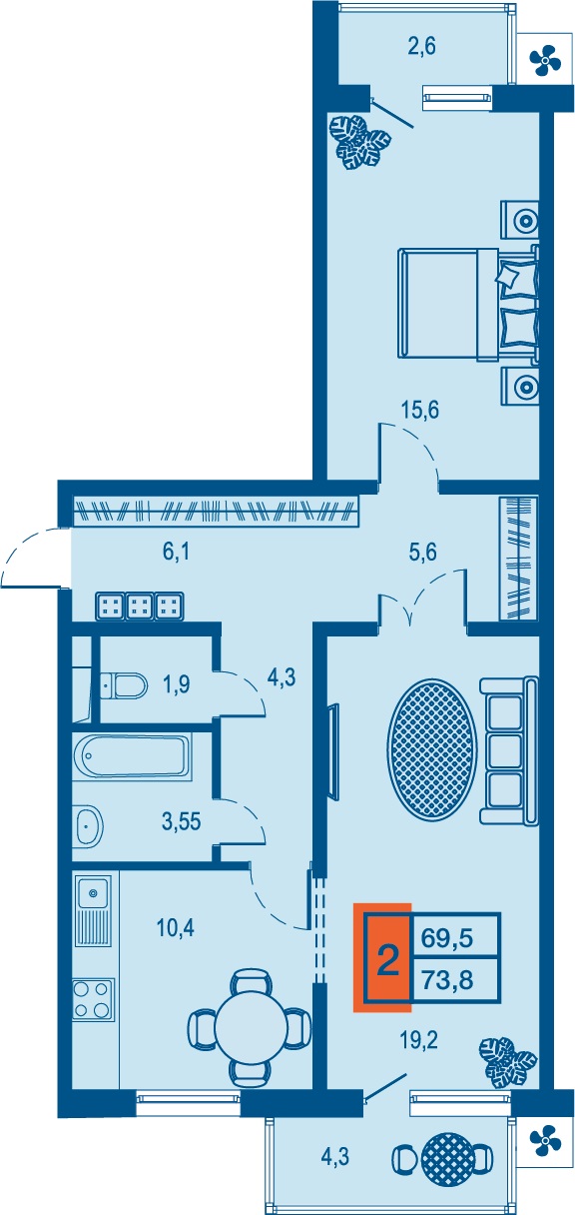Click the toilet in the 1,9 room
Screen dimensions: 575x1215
(124, 685)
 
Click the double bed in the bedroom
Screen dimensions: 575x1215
(469, 303)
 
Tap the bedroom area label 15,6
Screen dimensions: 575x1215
(420, 410)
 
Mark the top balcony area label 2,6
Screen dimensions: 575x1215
(420, 46)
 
